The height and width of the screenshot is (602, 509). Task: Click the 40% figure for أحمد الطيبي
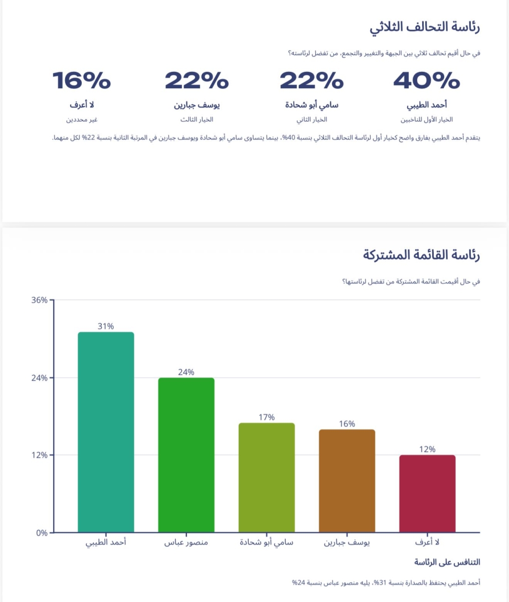[x=426, y=80]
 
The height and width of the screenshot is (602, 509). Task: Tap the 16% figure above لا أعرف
[x=81, y=80]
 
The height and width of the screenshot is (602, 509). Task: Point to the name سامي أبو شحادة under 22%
[x=311, y=105]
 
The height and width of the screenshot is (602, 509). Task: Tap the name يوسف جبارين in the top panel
[x=197, y=105]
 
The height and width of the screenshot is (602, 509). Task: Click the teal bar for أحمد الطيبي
[x=106, y=431]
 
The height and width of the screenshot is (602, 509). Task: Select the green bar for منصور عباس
[x=186, y=455]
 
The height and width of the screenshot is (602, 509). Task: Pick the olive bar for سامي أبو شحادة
[x=266, y=477]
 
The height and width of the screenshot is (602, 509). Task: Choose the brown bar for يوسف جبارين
[x=347, y=481]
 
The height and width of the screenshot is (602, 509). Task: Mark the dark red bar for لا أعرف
[x=427, y=494]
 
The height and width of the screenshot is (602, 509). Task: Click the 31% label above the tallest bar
[x=106, y=326]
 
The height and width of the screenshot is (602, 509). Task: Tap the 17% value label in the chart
[x=266, y=417]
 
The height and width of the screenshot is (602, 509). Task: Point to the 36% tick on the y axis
[x=39, y=300]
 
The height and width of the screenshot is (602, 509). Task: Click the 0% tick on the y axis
[x=42, y=533]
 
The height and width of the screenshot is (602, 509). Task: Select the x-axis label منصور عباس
[x=186, y=543]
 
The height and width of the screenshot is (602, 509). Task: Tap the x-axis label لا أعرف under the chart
[x=427, y=543]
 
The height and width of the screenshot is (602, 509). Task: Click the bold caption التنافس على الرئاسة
[x=447, y=562]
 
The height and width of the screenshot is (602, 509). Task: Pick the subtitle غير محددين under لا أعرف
[x=81, y=120]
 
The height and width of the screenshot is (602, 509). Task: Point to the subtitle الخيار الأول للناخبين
[x=426, y=120]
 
